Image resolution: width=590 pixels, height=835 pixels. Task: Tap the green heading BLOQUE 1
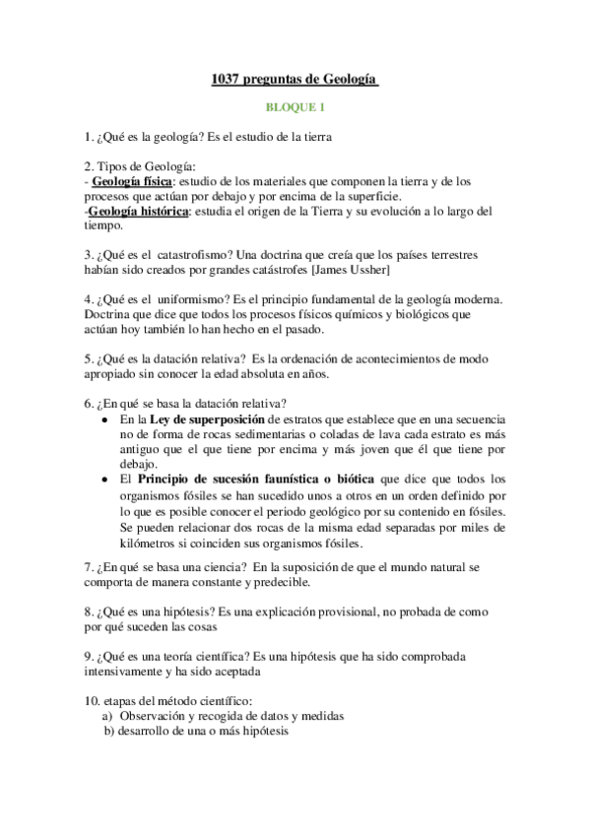coord(295,106)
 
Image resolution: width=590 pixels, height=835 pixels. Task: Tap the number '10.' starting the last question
coord(93,701)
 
